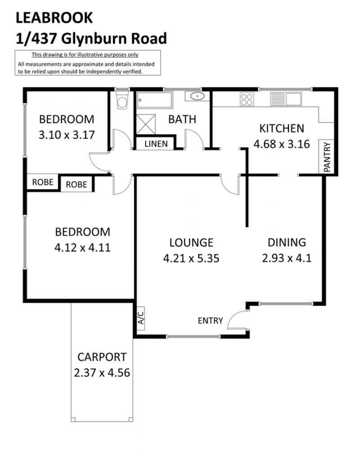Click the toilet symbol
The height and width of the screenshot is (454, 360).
[122, 99]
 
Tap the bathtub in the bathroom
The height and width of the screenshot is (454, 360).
[154, 100]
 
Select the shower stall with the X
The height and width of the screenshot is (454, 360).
[145, 124]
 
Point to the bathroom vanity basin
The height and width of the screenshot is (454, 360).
[198, 96]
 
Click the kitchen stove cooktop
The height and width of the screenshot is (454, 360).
[247, 99]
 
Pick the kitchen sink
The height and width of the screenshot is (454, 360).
[286, 99]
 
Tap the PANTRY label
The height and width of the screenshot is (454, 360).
[327, 157]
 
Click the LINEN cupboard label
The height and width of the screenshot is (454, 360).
[156, 144]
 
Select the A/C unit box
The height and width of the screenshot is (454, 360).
[141, 318]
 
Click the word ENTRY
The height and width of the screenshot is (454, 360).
[211, 321]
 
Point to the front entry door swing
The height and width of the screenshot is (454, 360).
[238, 320]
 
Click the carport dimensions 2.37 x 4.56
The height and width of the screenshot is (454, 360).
[102, 372]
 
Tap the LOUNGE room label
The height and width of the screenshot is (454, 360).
[191, 243]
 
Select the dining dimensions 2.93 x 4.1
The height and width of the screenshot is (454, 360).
[287, 258]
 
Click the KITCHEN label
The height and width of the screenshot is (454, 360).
[282, 128]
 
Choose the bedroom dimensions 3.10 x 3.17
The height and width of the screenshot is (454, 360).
[67, 135]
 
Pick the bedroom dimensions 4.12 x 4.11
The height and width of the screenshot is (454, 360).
[82, 248]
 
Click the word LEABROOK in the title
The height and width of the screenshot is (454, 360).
[54, 18]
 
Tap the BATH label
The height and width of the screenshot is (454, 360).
[182, 119]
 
